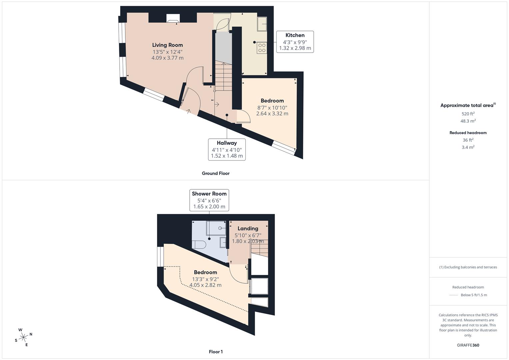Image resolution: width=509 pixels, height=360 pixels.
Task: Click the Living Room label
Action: click(167, 45)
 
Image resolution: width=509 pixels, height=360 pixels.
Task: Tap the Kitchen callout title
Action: click(295, 35)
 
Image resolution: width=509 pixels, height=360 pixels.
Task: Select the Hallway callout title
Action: click(227, 143)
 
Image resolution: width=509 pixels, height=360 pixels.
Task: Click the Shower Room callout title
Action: click(209, 194)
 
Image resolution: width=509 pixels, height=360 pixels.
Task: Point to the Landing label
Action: click(248, 228)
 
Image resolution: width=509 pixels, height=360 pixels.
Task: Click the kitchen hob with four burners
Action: click(262, 48)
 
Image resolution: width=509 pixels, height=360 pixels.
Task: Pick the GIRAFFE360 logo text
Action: click(468, 345)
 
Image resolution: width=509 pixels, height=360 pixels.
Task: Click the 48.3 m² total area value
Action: click(468, 121)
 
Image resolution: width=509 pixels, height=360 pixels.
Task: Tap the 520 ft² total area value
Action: click(468, 113)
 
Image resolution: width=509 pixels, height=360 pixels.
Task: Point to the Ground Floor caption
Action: click(215, 173)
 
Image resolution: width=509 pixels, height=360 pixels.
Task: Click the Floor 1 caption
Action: click(215, 352)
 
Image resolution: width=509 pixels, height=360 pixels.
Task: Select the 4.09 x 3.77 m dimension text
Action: click(167, 58)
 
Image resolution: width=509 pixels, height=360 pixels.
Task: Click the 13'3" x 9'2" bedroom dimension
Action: click(205, 279)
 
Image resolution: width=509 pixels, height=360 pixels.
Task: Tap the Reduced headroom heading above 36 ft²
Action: click(468, 133)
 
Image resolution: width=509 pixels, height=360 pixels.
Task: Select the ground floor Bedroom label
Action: click(272, 101)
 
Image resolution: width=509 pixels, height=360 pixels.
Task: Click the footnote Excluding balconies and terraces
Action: click(468, 267)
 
